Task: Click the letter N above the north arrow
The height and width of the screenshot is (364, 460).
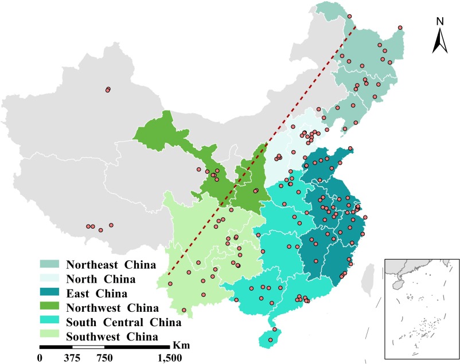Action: tap(440, 22)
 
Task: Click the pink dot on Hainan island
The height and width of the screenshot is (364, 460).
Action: tap(275, 330)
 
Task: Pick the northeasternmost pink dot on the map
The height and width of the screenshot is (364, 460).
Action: tap(400, 28)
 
